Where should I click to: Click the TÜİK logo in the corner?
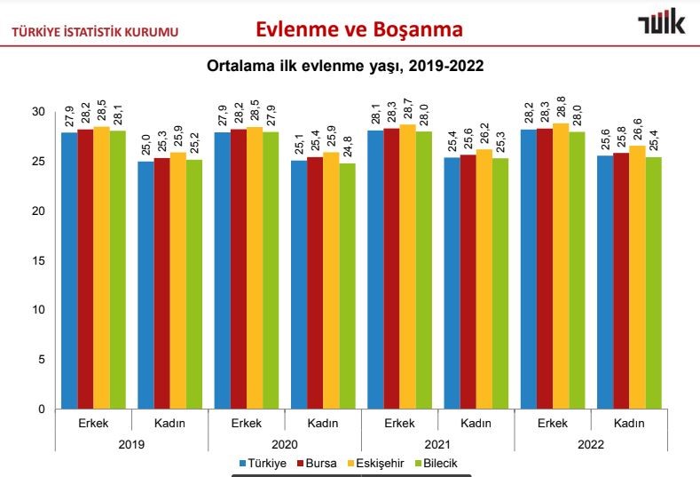click(661, 25)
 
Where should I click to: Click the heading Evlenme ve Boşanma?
click(358, 29)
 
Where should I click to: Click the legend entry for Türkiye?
click(263, 463)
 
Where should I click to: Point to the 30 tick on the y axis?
click(37, 112)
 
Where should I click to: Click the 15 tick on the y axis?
click(37, 260)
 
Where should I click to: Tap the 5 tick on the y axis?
click(40, 360)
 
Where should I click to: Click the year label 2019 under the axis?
click(131, 443)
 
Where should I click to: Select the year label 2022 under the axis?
click(590, 443)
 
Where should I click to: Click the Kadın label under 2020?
click(322, 424)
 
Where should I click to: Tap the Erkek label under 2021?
click(398, 424)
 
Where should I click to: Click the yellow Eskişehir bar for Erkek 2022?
click(561, 266)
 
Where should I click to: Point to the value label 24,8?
click(347, 142)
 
